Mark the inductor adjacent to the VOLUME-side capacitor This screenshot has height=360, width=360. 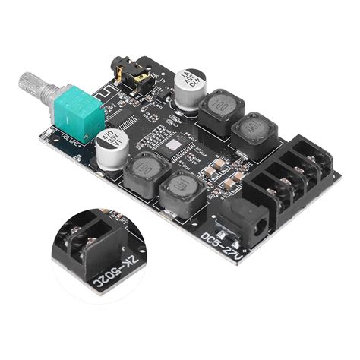pyautogui.click(x=144, y=174)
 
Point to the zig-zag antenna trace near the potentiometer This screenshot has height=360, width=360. pyautogui.click(x=101, y=93)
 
